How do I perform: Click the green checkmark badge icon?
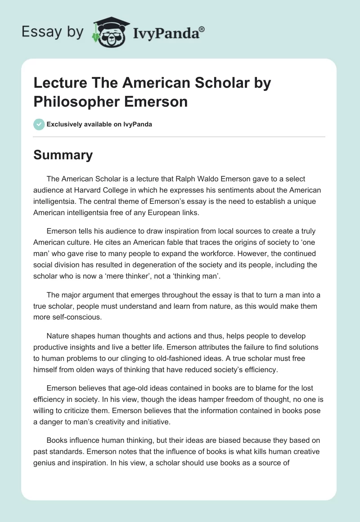pos(39,124)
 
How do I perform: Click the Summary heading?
pos(63,155)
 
